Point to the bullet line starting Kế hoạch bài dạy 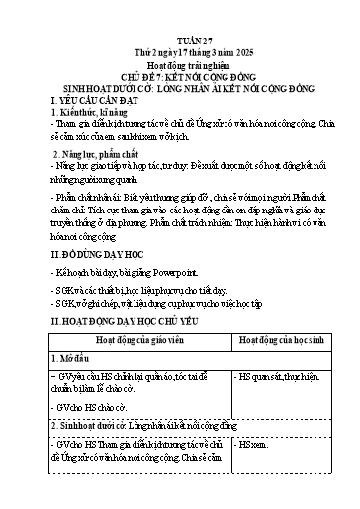tap(109, 269)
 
